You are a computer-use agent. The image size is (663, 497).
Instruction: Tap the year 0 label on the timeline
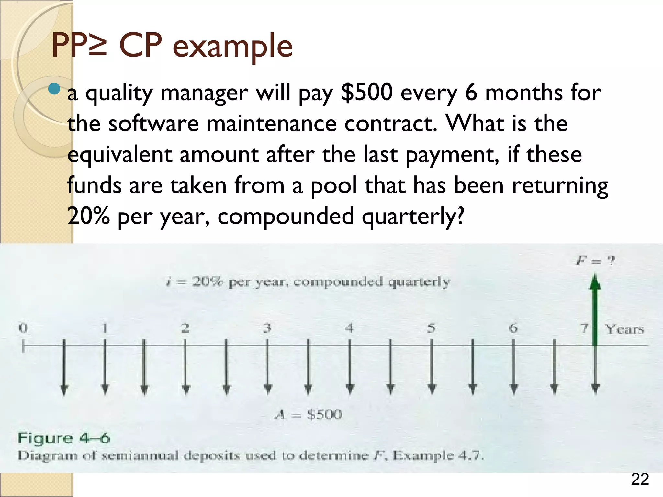pyautogui.click(x=23, y=328)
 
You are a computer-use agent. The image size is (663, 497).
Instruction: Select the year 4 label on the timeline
pyautogui.click(x=349, y=328)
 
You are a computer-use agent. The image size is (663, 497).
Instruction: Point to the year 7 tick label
pyautogui.click(x=584, y=328)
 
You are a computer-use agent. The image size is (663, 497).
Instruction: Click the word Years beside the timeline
pyautogui.click(x=624, y=329)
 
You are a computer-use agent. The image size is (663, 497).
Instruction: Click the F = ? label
pyautogui.click(x=595, y=260)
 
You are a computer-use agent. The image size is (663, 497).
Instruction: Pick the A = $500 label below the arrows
pyautogui.click(x=309, y=414)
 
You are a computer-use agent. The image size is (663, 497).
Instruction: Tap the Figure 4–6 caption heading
pyautogui.click(x=64, y=438)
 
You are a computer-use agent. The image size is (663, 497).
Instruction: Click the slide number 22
pyautogui.click(x=640, y=480)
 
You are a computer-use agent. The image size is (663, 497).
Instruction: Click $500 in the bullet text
pyautogui.click(x=367, y=93)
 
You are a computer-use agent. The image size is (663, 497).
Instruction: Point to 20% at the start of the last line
pyautogui.click(x=88, y=216)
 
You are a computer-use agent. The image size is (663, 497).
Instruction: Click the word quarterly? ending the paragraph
pyautogui.click(x=413, y=216)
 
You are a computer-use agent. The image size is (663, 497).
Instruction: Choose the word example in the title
pyautogui.click(x=232, y=46)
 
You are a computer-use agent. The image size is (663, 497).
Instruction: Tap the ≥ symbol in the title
pyautogui.click(x=97, y=46)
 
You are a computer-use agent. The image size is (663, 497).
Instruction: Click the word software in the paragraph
pyautogui.click(x=153, y=124)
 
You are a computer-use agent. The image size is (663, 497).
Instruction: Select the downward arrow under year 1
pyautogui.click(x=105, y=367)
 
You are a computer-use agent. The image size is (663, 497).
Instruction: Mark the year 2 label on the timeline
pyautogui.click(x=185, y=328)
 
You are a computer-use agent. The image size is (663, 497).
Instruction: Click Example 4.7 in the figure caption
pyautogui.click(x=438, y=456)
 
